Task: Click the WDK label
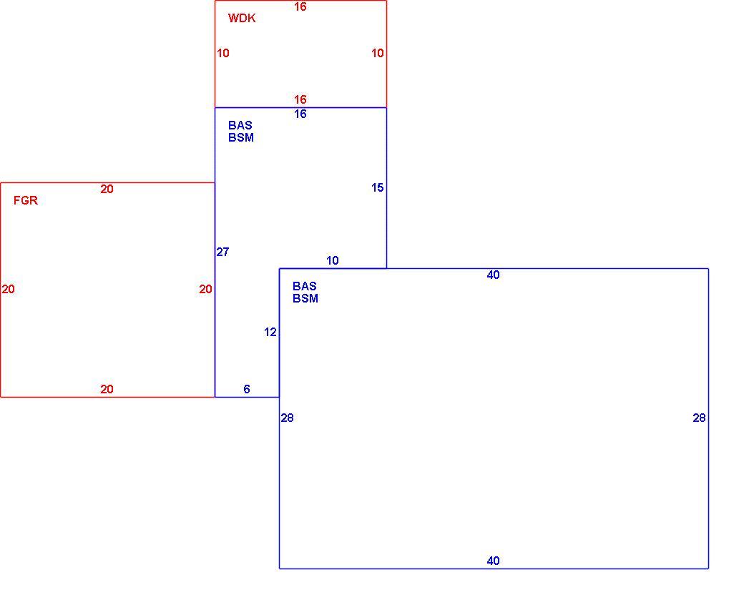[x=242, y=18]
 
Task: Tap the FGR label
[x=26, y=200]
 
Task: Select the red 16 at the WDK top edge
[x=300, y=6]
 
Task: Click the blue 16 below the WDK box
[x=300, y=114]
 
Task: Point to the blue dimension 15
[x=377, y=188]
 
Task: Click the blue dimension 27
[x=222, y=252]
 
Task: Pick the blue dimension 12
[x=270, y=332]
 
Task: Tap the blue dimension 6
[x=247, y=389]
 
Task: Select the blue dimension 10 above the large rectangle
[x=333, y=260]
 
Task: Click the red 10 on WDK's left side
[x=223, y=53]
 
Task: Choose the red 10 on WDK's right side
[x=377, y=53]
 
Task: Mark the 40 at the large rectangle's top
[x=493, y=275]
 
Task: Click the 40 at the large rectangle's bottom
[x=493, y=561]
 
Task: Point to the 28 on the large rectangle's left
[x=287, y=418]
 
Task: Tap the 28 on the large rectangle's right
[x=699, y=418]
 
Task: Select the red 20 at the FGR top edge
[x=107, y=190]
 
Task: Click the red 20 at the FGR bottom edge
[x=107, y=389]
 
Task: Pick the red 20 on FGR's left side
[x=8, y=289]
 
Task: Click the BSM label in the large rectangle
[x=305, y=298]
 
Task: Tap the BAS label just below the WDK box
[x=240, y=125]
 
